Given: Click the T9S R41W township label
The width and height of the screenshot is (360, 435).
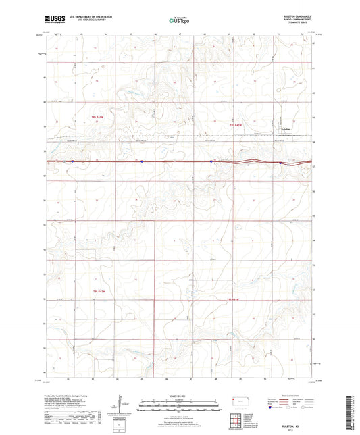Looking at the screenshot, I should click(234, 298).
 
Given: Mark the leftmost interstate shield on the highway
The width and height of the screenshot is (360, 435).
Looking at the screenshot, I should click(72, 161).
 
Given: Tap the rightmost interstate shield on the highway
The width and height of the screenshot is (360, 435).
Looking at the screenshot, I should click(280, 162).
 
